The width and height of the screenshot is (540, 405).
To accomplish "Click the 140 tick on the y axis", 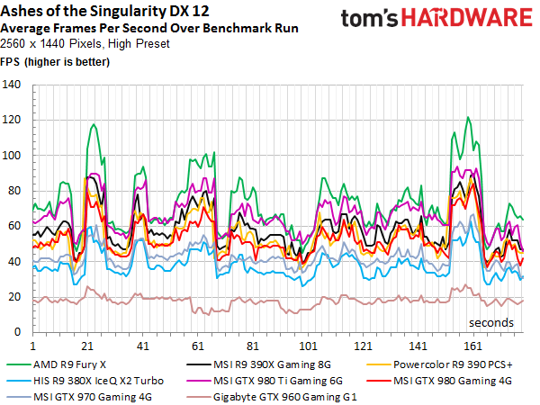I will (x=13, y=85).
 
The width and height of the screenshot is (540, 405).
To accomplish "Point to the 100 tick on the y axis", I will (x=13, y=156).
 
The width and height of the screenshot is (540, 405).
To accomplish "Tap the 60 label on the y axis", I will (x=15, y=226).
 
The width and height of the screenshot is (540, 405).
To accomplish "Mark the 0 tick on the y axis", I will (x=18, y=332).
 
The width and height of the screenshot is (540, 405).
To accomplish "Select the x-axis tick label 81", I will (x=254, y=346).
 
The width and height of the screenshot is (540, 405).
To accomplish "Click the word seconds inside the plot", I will (x=490, y=321).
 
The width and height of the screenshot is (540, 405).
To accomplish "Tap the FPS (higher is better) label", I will (x=54, y=61).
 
